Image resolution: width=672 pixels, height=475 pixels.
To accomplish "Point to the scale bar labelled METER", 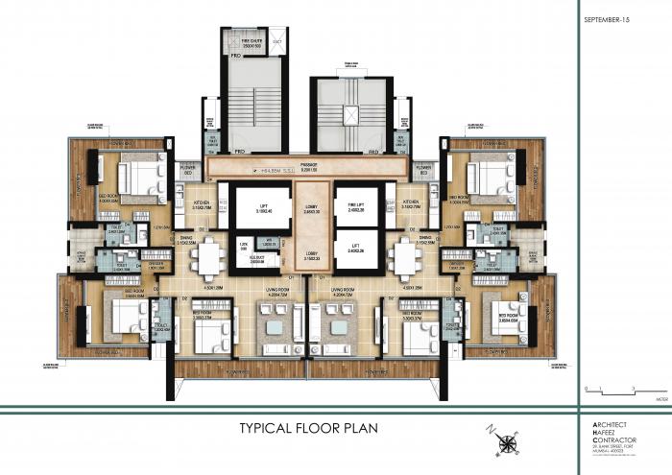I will [614, 389].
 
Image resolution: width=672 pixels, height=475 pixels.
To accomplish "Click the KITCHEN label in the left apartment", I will [203, 205].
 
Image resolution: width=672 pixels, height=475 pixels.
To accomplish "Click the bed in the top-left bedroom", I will [141, 177].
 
